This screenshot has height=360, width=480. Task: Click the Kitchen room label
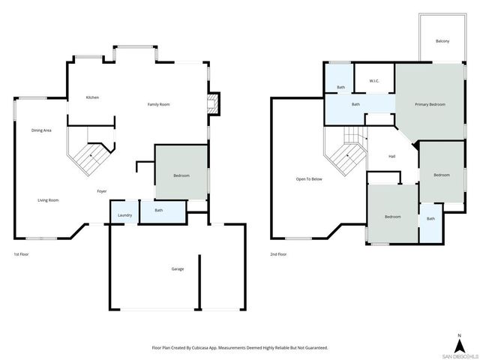pyautogui.click(x=92, y=97)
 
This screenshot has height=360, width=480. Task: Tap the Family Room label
pyautogui.click(x=158, y=104)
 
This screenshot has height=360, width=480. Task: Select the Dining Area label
pyautogui.click(x=41, y=130)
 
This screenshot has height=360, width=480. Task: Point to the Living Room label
pyautogui.click(x=49, y=200)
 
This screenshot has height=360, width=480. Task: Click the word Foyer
pyautogui.click(x=101, y=191)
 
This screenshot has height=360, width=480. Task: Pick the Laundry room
pyautogui.click(x=125, y=215)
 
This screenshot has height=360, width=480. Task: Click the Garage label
pyautogui.click(x=177, y=268)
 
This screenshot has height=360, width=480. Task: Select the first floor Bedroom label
pyautogui.click(x=181, y=175)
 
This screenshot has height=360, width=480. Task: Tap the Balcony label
pyautogui.click(x=442, y=40)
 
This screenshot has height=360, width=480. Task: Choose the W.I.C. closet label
pyautogui.click(x=374, y=81)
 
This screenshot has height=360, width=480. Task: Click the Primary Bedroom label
pyautogui.click(x=430, y=104)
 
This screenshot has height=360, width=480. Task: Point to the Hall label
pyautogui.click(x=391, y=156)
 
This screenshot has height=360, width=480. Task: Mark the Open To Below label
pyautogui.click(x=309, y=179)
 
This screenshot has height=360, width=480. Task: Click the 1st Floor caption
pyautogui.click(x=22, y=254)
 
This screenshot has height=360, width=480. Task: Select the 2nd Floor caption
pyautogui.click(x=278, y=254)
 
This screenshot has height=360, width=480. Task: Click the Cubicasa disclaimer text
pyautogui.click(x=240, y=347)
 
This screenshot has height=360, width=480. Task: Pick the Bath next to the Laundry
pyautogui.click(x=159, y=211)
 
